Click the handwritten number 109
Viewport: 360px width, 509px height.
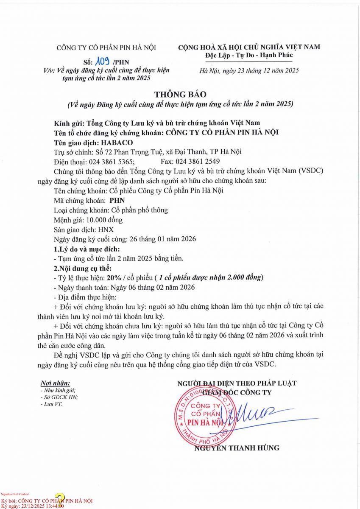[x=103, y=62]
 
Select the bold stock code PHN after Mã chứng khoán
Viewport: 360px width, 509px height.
[x=117, y=201]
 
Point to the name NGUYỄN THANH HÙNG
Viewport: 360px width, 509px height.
[x=237, y=447]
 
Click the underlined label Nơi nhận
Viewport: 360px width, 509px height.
[x=55, y=383]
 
